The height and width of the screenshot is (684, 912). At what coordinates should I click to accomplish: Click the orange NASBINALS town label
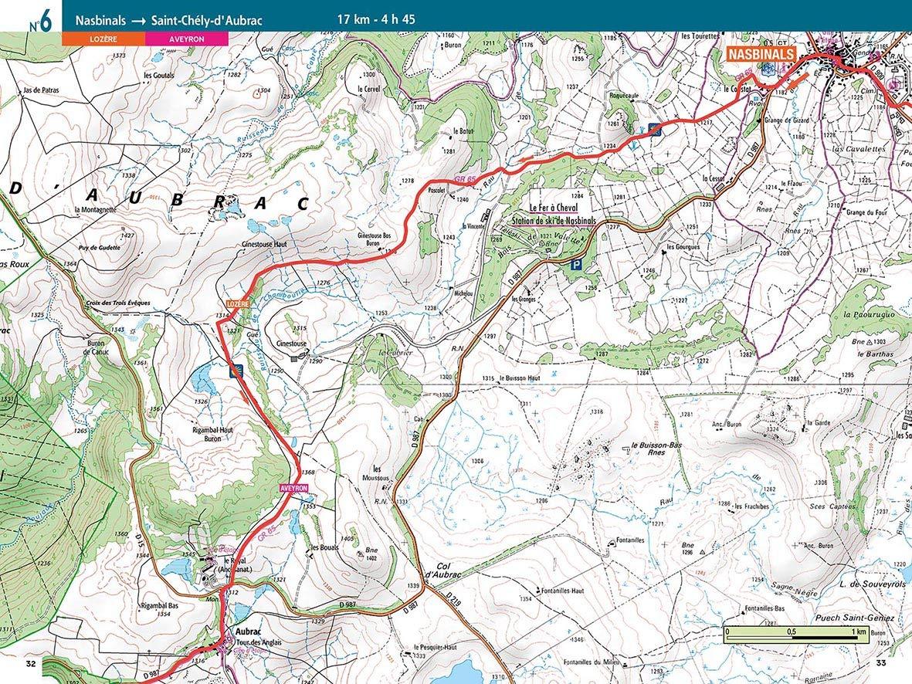point(761,55)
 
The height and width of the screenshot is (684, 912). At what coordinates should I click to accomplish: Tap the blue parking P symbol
point(575,264)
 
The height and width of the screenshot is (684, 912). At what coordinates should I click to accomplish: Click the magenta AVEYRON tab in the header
point(186,38)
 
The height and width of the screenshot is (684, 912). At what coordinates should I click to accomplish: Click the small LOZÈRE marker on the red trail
point(238,304)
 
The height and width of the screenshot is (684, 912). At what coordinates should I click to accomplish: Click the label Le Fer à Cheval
point(554,208)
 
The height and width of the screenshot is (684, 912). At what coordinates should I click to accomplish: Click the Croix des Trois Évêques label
point(119,303)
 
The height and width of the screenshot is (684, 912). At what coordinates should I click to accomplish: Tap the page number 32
point(31,664)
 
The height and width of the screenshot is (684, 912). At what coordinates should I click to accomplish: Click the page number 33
point(881,664)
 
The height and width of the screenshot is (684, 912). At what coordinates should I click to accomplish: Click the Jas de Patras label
point(42,90)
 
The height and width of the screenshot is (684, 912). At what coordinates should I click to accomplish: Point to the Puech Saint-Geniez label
point(853,619)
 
